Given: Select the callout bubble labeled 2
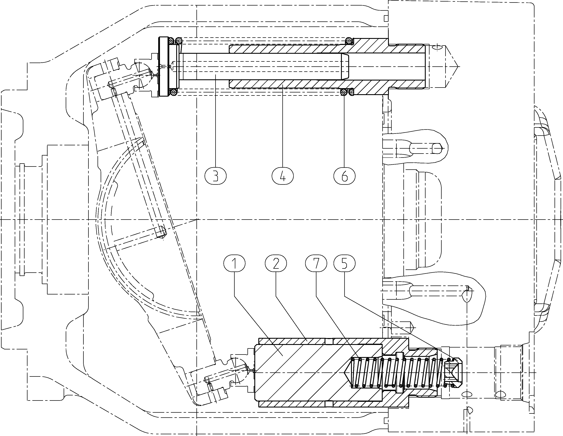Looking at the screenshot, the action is (276, 263).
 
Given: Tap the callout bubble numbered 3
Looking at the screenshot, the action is (215, 176).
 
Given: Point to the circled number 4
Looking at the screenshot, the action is (283, 176).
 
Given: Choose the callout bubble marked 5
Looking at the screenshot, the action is (344, 263).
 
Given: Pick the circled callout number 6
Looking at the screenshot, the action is (344, 176).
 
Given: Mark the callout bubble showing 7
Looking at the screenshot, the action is (316, 263).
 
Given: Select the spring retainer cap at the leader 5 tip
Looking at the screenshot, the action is (453, 373).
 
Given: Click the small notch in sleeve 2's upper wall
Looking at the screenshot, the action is (329, 341).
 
